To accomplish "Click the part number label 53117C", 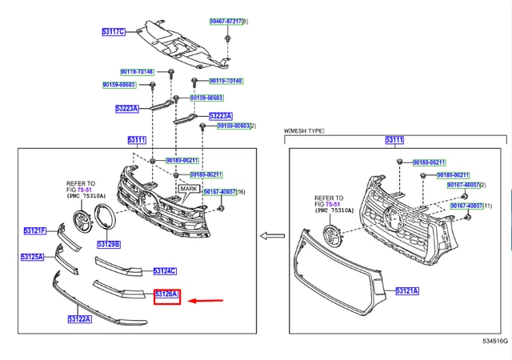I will pyautogui.click(x=113, y=31).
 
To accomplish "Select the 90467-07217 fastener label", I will pyautogui.click(x=228, y=20).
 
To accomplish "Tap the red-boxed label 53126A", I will pyautogui.click(x=168, y=296).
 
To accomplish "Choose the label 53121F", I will pyautogui.click(x=34, y=231).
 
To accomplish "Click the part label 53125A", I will pyautogui.click(x=34, y=258).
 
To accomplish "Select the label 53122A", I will pyautogui.click(x=80, y=319).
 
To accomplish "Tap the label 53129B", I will pyautogui.click(x=109, y=244).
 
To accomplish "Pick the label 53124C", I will pyautogui.click(x=165, y=271).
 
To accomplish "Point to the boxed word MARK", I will pyautogui.click(x=189, y=190).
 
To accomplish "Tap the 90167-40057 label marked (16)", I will pyautogui.click(x=218, y=192).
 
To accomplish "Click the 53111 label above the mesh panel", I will pyautogui.click(x=394, y=140).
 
